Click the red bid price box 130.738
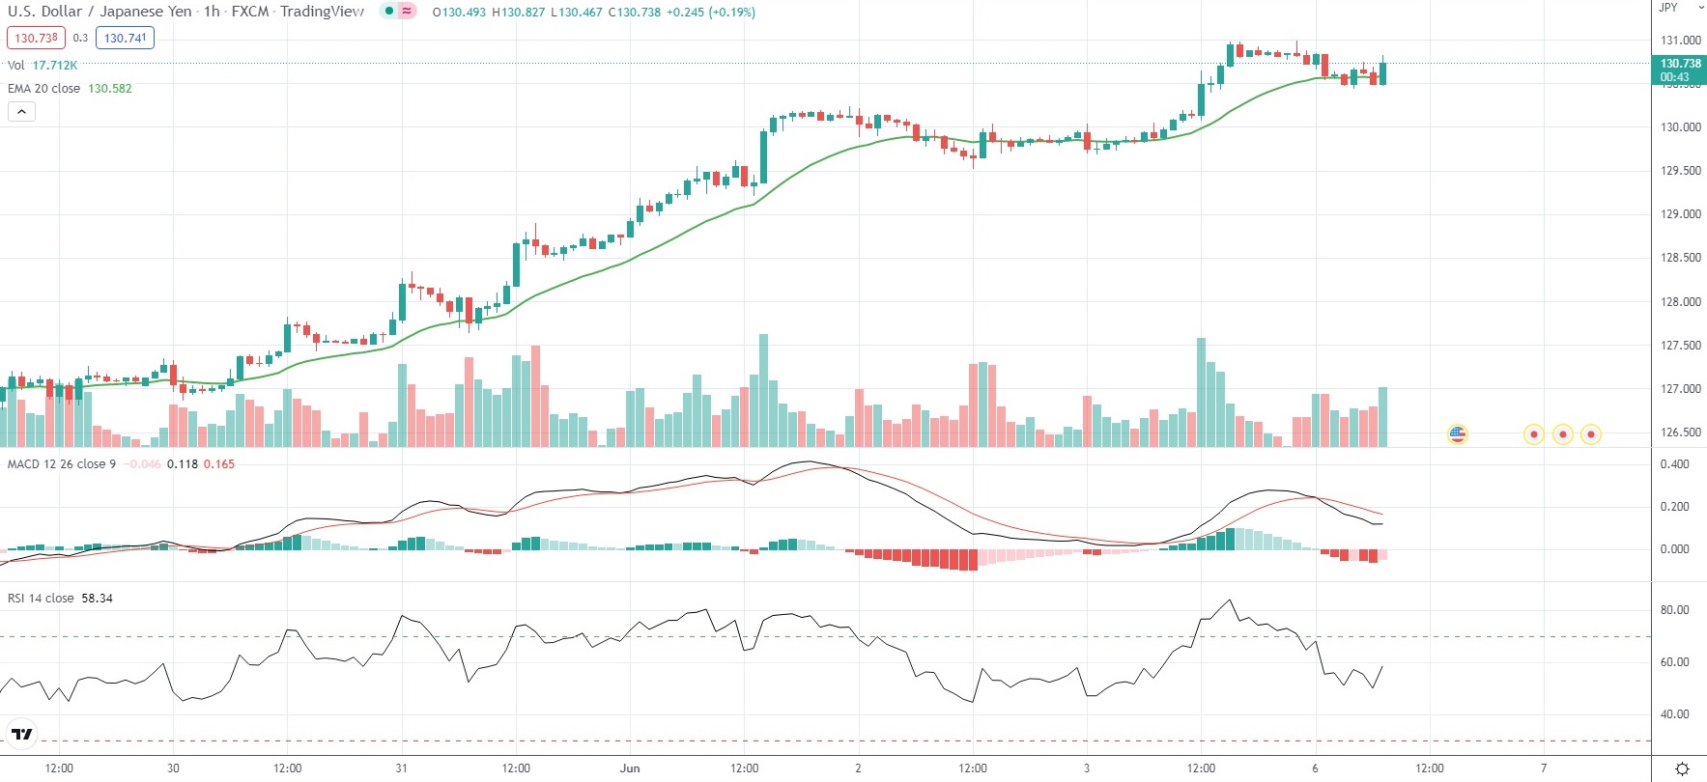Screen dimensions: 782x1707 pyautogui.click(x=36, y=39)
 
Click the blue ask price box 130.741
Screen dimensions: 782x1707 pyautogui.click(x=125, y=39)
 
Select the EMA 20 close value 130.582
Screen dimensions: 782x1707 pyautogui.click(x=110, y=89)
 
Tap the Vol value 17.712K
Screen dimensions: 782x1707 pyautogui.click(x=55, y=66)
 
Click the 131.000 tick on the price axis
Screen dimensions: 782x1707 pyautogui.click(x=1680, y=41)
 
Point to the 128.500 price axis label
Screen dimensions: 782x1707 pyautogui.click(x=1680, y=258)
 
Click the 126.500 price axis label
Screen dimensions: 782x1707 pyautogui.click(x=1680, y=433)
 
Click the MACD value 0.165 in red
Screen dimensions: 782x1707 pyautogui.click(x=219, y=464)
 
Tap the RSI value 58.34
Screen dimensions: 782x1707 pyautogui.click(x=97, y=599)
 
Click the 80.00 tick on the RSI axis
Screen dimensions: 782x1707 pyautogui.click(x=1674, y=610)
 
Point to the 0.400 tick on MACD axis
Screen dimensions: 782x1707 pyautogui.click(x=1674, y=464)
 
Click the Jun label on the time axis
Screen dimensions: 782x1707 pyautogui.click(x=630, y=768)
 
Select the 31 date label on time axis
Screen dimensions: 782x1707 pyautogui.click(x=401, y=768)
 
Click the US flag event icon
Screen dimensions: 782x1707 pyautogui.click(x=1458, y=434)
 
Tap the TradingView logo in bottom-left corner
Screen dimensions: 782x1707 pyautogui.click(x=21, y=735)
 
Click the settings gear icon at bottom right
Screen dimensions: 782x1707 pyautogui.click(x=1682, y=768)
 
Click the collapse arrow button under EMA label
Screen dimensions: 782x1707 pyautogui.click(x=21, y=112)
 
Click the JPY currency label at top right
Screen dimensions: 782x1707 pyautogui.click(x=1668, y=8)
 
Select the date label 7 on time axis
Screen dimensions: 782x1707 pyautogui.click(x=1544, y=768)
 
